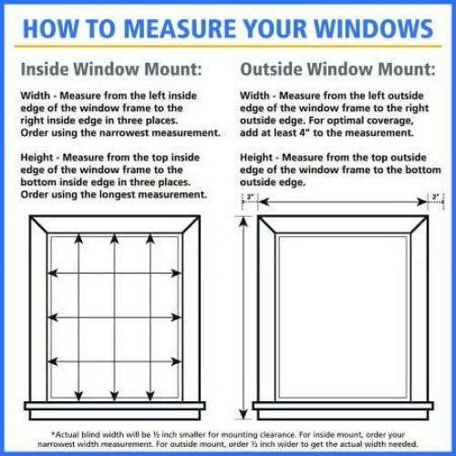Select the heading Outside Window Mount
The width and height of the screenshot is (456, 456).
click(x=336, y=68)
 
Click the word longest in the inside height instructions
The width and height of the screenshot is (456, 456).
click(x=140, y=194)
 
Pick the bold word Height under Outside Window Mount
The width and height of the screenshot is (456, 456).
click(x=259, y=157)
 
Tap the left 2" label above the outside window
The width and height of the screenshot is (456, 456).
click(x=248, y=196)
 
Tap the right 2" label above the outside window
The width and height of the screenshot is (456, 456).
click(x=436, y=196)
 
